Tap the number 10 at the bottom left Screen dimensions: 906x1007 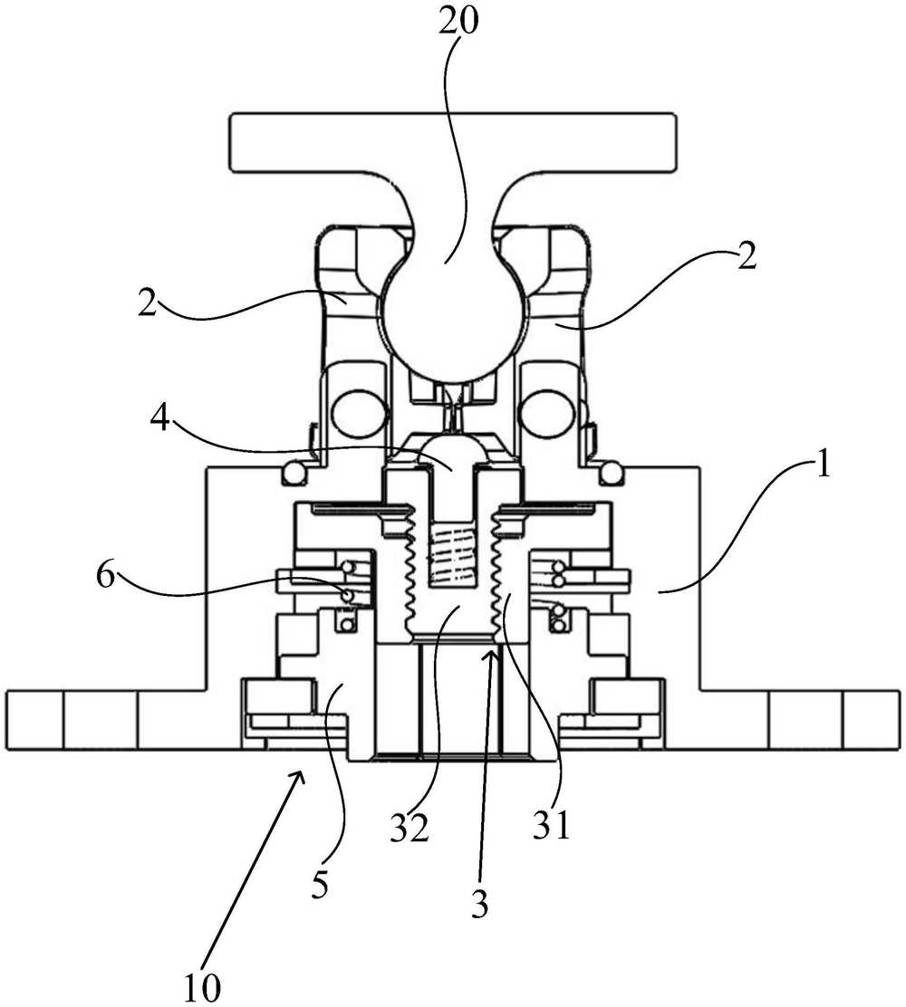click(x=202, y=989)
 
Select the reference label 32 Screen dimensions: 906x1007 click(x=408, y=830)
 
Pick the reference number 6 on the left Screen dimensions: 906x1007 click(x=107, y=576)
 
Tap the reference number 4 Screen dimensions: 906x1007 click(x=160, y=421)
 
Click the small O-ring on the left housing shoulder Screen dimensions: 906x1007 click(x=295, y=474)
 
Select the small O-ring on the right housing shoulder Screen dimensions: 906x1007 click(x=611, y=474)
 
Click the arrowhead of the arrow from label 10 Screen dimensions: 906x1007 click(x=298, y=779)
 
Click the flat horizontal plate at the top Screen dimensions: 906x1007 click(x=453, y=142)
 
